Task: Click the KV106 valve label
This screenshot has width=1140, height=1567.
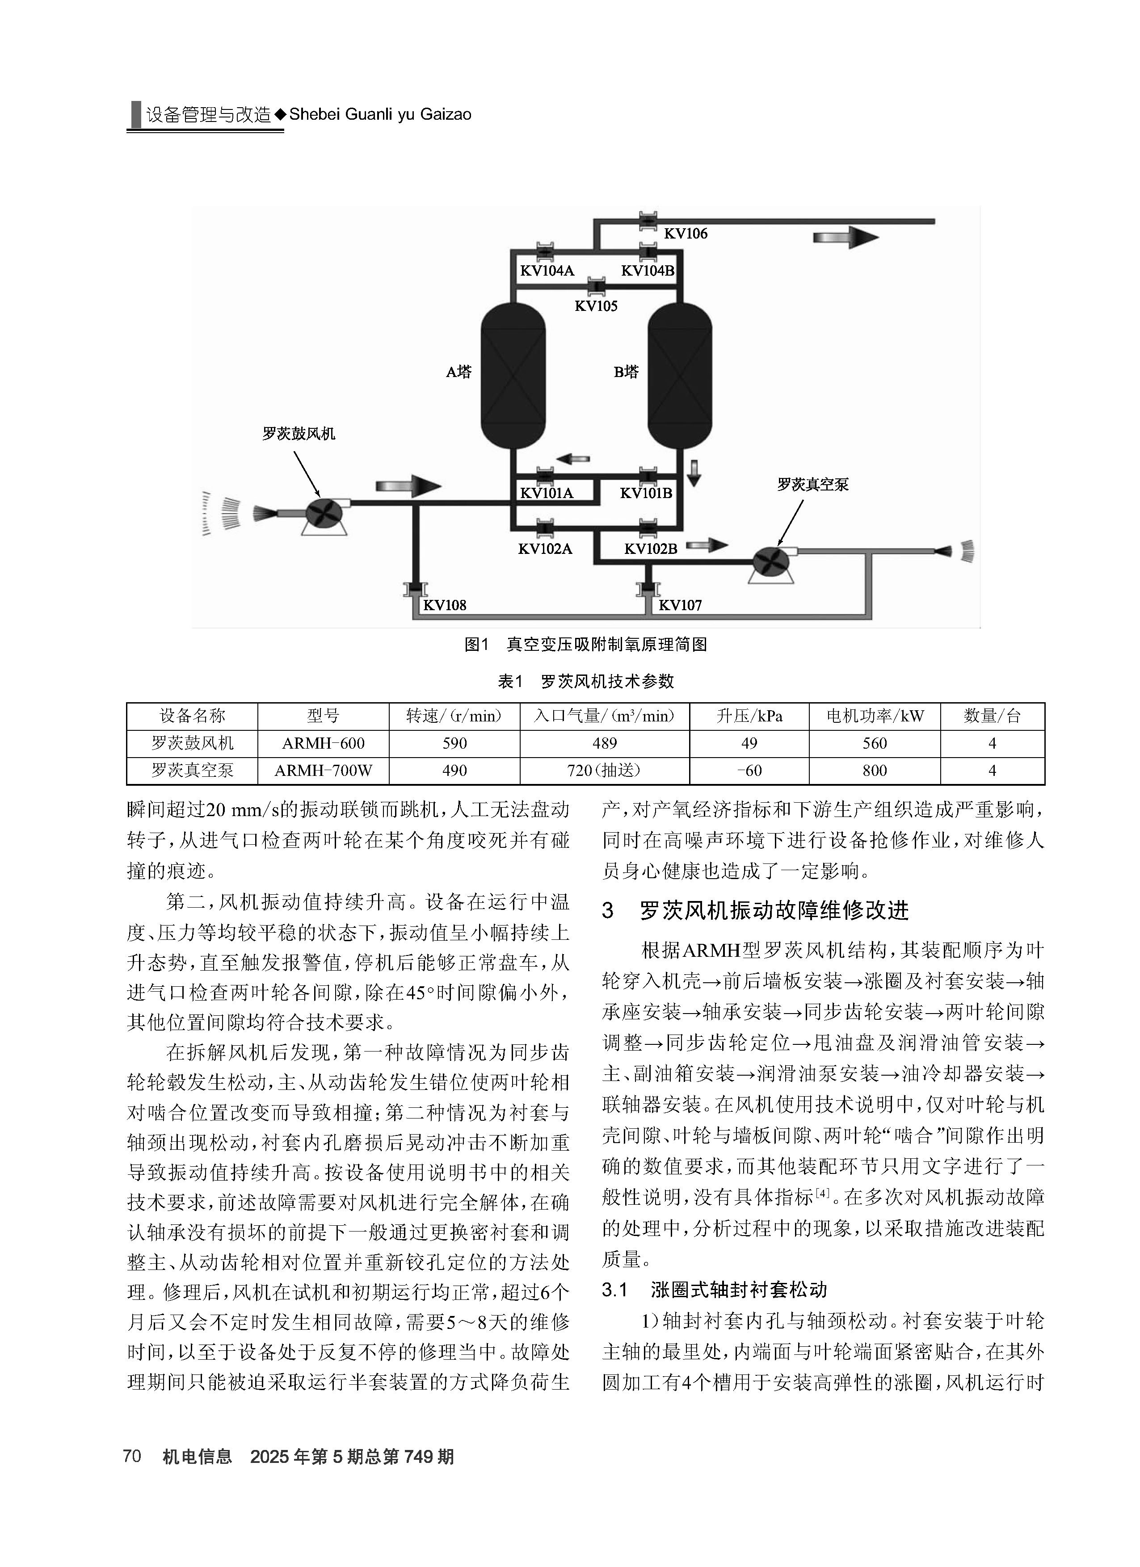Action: coord(686,234)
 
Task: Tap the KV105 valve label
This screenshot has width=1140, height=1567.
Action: coord(596,306)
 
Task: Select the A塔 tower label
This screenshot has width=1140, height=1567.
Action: coord(459,372)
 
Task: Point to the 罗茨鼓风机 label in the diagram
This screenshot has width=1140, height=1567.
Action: coord(299,434)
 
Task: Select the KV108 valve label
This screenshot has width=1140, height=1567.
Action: coord(445,605)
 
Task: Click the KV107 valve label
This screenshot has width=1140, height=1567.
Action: coord(680,605)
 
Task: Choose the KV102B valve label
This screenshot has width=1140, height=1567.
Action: coord(651,549)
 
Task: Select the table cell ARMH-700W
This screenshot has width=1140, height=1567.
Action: coord(323,771)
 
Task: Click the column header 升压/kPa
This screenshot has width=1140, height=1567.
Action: coord(749,716)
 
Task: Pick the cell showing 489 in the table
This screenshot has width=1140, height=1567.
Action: coord(605,743)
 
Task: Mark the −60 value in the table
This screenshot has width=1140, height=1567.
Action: coord(749,771)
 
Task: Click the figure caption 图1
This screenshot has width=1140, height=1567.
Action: coord(477,645)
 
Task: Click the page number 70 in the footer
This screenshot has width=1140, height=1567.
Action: coord(132,1456)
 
